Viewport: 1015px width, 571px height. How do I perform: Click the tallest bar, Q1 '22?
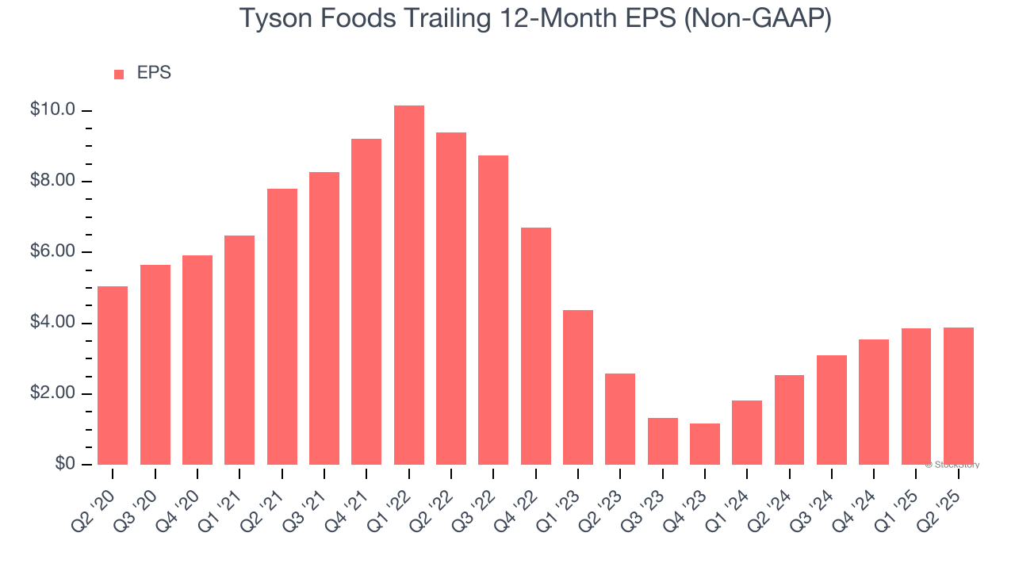[408, 285]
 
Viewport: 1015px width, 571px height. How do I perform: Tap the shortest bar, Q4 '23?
[705, 444]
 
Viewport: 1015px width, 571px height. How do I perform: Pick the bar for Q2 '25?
[959, 396]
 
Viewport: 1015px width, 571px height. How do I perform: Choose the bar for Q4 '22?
[536, 346]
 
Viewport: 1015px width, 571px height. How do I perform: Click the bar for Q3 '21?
[324, 318]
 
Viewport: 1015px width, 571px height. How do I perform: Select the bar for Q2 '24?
[789, 420]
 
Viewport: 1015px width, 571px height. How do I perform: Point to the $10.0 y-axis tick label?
[52, 110]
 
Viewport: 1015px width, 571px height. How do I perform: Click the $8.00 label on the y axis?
[52, 181]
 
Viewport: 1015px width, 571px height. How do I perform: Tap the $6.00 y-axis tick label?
[52, 252]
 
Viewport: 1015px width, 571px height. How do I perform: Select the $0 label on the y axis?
[65, 464]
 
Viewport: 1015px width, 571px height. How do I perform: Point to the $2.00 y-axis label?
[52, 394]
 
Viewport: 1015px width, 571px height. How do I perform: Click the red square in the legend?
[119, 74]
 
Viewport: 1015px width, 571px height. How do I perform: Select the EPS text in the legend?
[154, 73]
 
